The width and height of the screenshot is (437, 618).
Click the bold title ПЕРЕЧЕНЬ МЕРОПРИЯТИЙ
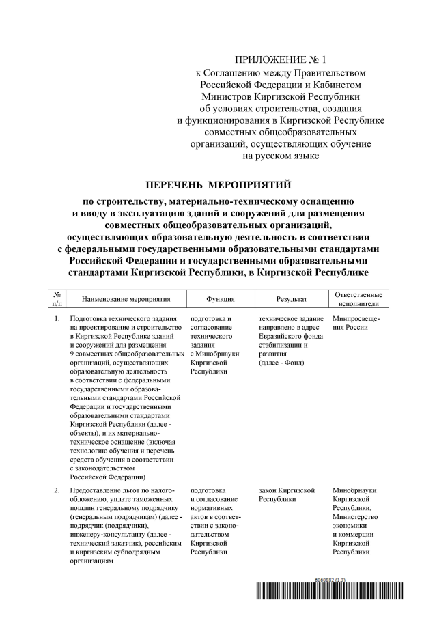pos(218,184)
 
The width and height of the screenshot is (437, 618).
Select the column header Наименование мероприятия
pos(125,299)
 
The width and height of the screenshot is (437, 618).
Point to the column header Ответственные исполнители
pos(358,298)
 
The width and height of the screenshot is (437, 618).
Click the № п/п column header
pos(57,298)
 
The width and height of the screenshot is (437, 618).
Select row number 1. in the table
pos(56,319)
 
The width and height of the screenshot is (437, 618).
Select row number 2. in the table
pos(56,490)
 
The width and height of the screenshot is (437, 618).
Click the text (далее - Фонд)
pos(282,363)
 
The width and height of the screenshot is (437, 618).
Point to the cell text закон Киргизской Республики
pos(287,494)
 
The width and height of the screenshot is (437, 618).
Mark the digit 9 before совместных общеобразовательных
pos(72,354)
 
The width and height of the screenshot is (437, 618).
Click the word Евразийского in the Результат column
pos(281,336)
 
